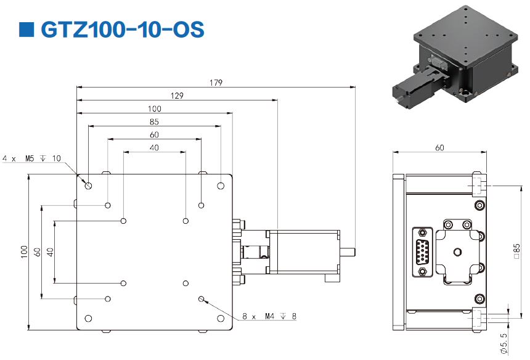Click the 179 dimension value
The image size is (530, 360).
(x=216, y=82)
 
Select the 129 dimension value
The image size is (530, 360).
(x=176, y=95)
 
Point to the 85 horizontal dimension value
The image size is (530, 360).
(x=154, y=121)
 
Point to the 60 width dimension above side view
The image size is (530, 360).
(x=439, y=147)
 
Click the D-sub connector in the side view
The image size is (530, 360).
(x=422, y=252)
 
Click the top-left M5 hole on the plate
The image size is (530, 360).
(x=89, y=185)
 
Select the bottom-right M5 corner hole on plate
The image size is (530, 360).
(x=221, y=319)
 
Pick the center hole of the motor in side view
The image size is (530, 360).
(x=457, y=252)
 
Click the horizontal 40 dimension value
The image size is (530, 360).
(x=154, y=147)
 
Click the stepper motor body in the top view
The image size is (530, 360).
(x=302, y=252)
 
